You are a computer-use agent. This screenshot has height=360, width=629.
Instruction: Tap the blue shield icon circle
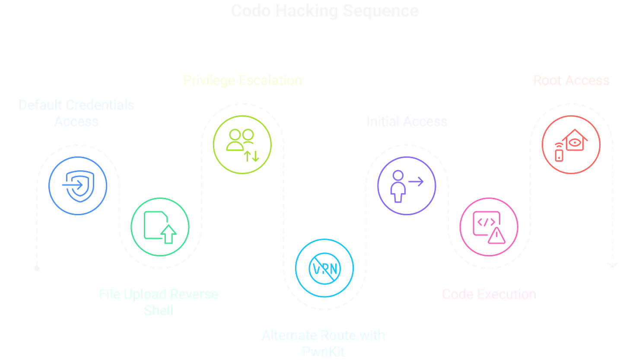tap(78, 185)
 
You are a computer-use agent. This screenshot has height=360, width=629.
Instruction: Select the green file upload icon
tap(160, 227)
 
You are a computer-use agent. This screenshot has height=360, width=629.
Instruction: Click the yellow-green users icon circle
tap(242, 144)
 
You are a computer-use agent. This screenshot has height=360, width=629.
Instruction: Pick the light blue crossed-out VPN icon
tap(324, 268)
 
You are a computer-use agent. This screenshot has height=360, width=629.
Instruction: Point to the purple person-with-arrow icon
tap(407, 185)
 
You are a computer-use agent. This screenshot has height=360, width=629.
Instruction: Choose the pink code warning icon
tap(489, 227)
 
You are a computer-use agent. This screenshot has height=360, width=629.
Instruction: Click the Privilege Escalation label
tap(242, 80)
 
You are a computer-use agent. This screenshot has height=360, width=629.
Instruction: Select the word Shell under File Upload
tap(159, 310)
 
